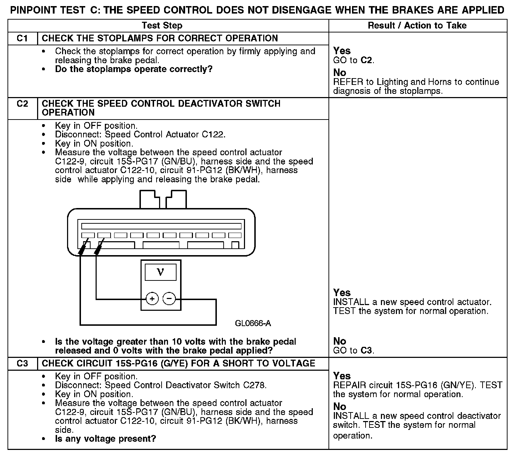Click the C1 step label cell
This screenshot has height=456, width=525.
pyautogui.click(x=22, y=39)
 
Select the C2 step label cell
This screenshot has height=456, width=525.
pyautogui.click(x=22, y=104)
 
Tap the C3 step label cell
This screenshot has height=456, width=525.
pyautogui.click(x=22, y=364)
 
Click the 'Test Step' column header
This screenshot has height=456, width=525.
pyautogui.click(x=162, y=26)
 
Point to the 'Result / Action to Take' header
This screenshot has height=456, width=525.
pyautogui.click(x=417, y=26)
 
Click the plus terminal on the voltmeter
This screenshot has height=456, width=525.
pyautogui.click(x=152, y=299)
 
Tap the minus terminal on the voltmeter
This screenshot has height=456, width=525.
pyautogui.click(x=169, y=299)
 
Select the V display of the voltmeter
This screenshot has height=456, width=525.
pyautogui.click(x=160, y=273)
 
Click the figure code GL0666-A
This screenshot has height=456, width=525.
pyautogui.click(x=253, y=323)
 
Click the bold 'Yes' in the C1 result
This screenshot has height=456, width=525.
pyautogui.click(x=342, y=51)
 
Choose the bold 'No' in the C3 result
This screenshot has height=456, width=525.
pyautogui.click(x=340, y=406)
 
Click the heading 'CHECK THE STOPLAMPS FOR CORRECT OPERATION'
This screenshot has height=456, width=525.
pyautogui.click(x=160, y=39)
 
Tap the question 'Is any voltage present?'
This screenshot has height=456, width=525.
pyautogui.click(x=106, y=439)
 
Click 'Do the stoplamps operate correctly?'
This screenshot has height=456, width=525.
pyautogui.click(x=134, y=69)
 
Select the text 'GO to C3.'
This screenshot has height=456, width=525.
pyautogui.click(x=353, y=350)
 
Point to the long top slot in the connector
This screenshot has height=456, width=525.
pyautogui.click(x=161, y=226)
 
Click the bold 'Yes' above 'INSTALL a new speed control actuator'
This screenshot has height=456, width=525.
pyautogui.click(x=342, y=293)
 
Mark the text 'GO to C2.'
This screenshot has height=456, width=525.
pyautogui.click(x=353, y=60)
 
